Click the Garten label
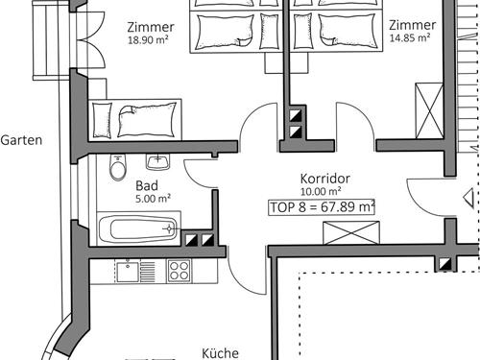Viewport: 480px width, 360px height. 21,140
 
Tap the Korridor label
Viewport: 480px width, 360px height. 325,179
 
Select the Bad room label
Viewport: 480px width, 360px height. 147,185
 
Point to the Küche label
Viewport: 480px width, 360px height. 220,353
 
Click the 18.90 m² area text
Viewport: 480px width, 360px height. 148,40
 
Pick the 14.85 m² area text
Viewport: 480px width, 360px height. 410,37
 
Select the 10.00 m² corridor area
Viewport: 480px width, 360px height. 321,191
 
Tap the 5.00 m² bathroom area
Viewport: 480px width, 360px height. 153,199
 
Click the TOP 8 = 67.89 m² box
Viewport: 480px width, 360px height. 322,207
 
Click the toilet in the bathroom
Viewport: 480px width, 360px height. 118,167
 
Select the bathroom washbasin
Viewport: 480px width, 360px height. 157,162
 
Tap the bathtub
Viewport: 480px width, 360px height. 137,228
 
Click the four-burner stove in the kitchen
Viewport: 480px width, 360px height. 180,271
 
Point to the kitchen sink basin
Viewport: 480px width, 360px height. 128,272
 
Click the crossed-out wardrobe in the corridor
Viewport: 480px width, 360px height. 351,232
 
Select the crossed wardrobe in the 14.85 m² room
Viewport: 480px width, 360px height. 429,110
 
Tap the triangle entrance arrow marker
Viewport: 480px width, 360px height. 468,198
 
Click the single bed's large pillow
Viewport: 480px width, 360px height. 148,120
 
